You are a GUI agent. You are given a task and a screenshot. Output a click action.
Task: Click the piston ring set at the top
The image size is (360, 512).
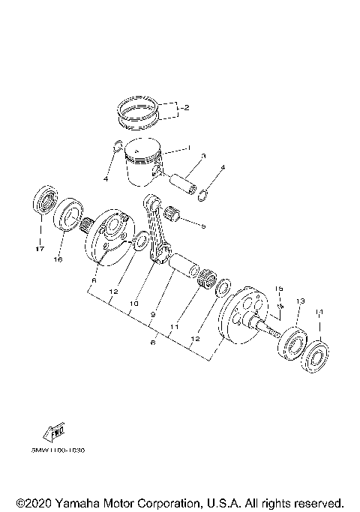(x=138, y=111)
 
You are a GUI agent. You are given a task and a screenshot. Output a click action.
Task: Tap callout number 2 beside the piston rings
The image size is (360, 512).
(x=185, y=108)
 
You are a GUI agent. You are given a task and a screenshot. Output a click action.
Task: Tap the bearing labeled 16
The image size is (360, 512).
(x=68, y=215)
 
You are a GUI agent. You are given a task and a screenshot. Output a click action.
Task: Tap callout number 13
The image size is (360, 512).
(x=299, y=301)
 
